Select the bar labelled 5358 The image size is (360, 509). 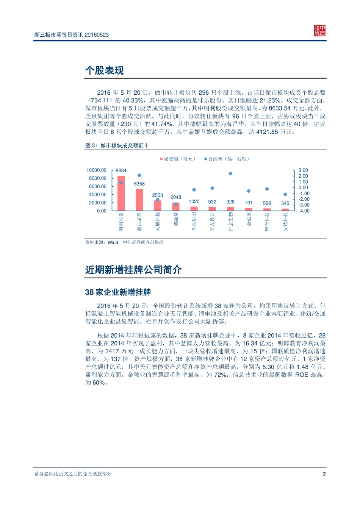[x=139, y=200]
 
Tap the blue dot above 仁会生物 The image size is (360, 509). [x=230, y=173]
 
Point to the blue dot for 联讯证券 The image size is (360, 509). [x=139, y=175]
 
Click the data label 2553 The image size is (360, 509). [x=157, y=195]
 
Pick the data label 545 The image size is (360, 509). [x=285, y=203]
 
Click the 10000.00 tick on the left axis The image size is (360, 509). [x=97, y=170]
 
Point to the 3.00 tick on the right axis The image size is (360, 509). [x=303, y=170]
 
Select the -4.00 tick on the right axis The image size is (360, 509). [x=304, y=211]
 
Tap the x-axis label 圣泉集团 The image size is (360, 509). [x=194, y=222]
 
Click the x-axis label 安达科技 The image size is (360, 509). [x=285, y=222]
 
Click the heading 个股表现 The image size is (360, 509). [x=105, y=70]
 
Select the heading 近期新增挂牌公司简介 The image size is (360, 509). [x=133, y=270]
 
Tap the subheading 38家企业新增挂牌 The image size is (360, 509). [x=118, y=292]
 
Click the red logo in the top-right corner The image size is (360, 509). [x=319, y=31]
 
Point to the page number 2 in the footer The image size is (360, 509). [x=324, y=474]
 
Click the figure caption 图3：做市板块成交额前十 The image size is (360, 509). [x=117, y=145]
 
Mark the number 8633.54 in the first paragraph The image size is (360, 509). [x=280, y=108]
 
